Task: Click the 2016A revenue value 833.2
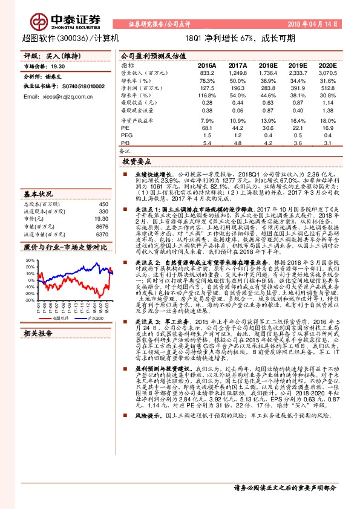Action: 207,71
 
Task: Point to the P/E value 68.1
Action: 208,128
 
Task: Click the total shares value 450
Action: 103,204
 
